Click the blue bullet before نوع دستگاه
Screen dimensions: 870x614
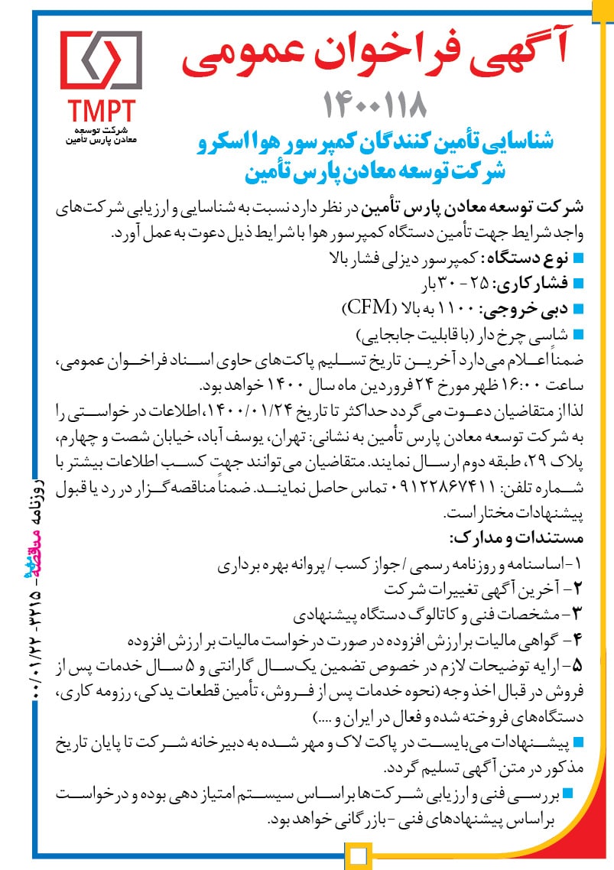coord(578,256)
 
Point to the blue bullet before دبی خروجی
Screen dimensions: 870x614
coord(578,310)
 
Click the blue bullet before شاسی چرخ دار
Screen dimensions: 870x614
coord(578,334)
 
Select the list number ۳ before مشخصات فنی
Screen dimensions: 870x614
coord(577,612)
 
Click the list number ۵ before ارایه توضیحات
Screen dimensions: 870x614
coord(577,660)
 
